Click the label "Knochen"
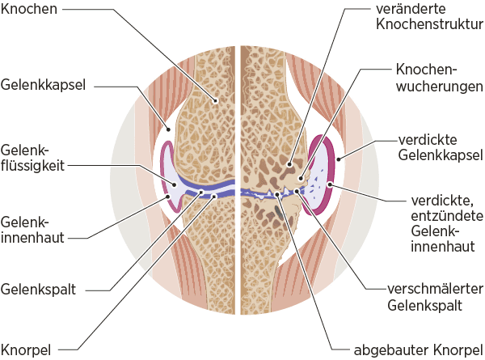coord(30,10)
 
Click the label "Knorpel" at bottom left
coord(26,349)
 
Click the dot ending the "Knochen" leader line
coord(216,100)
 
